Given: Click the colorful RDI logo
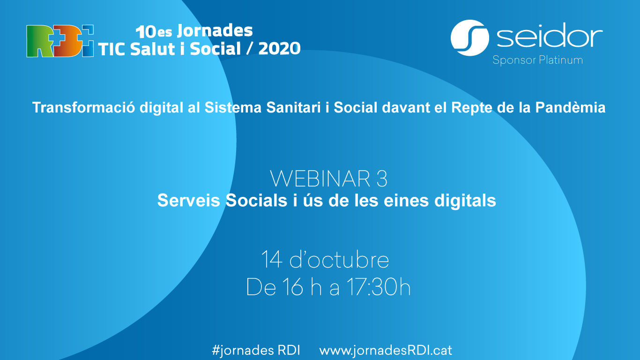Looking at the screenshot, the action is click(60, 41).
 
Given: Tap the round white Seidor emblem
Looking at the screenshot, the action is click(470, 38).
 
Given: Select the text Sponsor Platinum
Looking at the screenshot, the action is click(537, 60).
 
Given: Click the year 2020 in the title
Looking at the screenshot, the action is click(279, 49).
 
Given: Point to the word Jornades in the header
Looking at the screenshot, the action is click(215, 30).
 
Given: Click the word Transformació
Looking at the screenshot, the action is click(83, 107).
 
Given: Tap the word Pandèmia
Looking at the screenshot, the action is click(570, 107).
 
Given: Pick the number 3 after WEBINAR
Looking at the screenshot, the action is click(382, 179).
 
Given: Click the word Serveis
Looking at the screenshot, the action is click(188, 200).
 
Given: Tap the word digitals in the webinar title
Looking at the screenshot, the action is click(465, 201).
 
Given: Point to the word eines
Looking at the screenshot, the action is click(406, 200).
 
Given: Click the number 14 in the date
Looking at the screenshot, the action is click(272, 260).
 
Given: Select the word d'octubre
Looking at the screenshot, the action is click(339, 259).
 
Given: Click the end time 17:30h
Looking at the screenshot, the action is click(379, 287).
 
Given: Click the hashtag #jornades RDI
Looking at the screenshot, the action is click(256, 350).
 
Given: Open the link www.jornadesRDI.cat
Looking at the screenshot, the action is click(386, 351).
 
